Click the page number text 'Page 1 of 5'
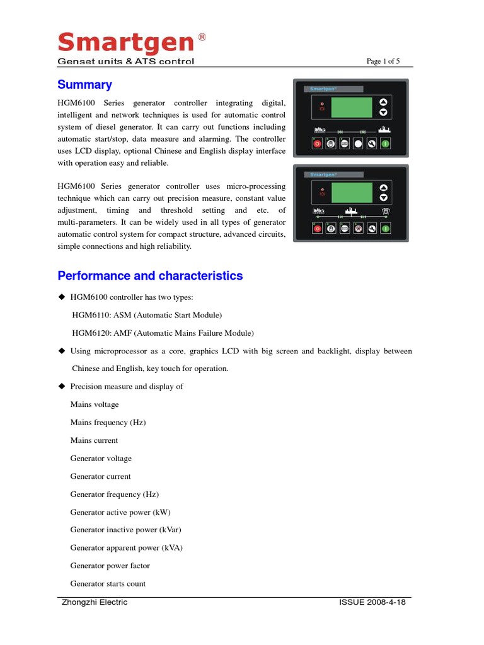click(383, 61)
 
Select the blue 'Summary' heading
click(84, 84)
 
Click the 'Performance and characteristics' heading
click(150, 276)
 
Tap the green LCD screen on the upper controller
click(351, 107)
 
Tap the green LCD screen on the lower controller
click(351, 192)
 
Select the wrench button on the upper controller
click(372, 144)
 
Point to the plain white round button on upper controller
click(358, 144)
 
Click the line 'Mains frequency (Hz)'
click(108, 423)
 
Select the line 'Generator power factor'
click(110, 566)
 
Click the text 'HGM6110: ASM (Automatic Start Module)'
click(147, 315)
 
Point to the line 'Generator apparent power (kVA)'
click(126, 548)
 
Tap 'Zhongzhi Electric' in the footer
click(95, 602)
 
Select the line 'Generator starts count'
click(108, 584)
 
